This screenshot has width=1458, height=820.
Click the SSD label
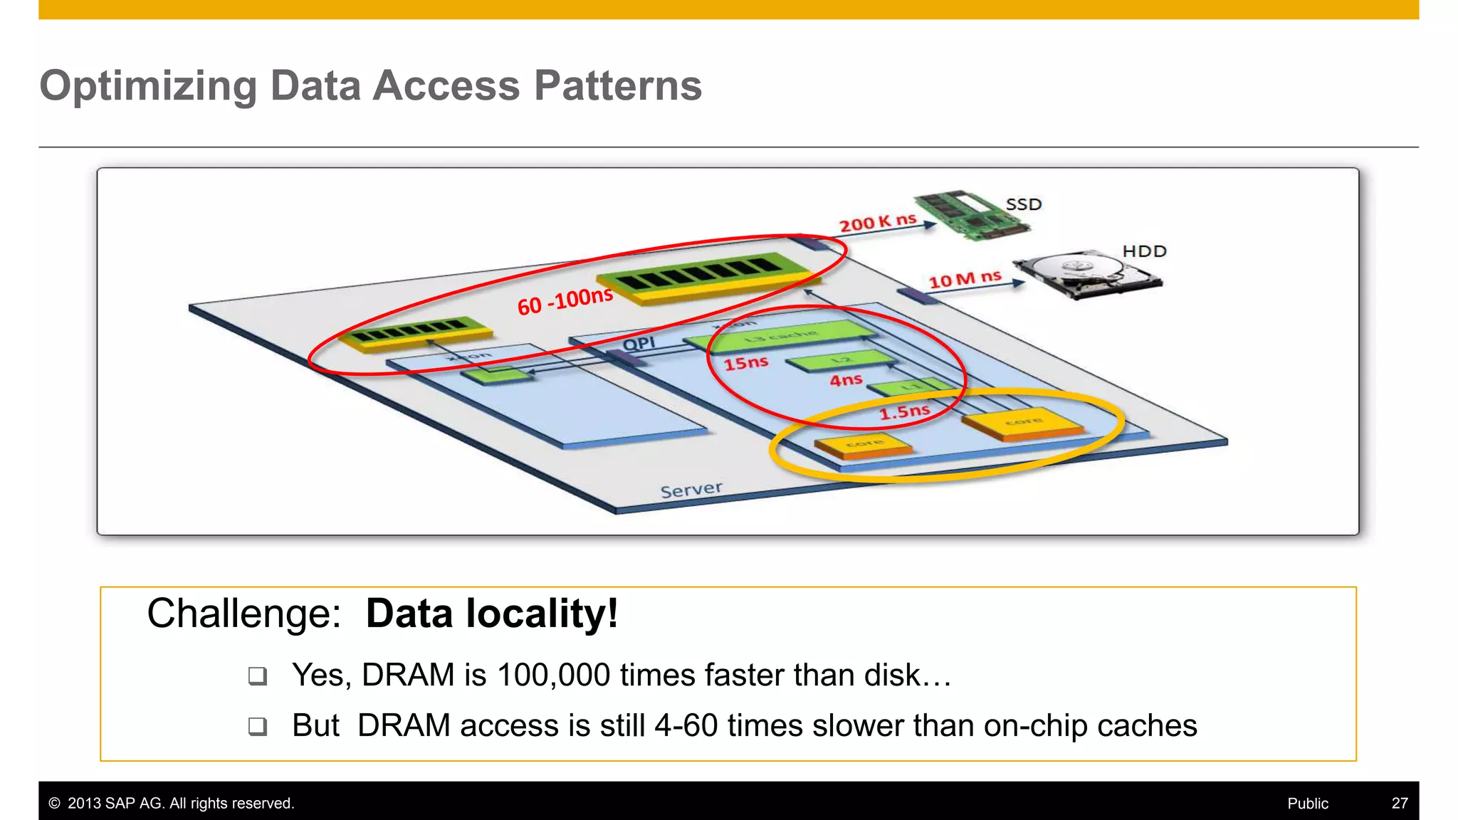(x=1023, y=205)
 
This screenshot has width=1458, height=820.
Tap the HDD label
(x=1144, y=251)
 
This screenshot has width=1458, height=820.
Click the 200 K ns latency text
(x=877, y=223)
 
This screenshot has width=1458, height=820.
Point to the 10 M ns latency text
(x=965, y=279)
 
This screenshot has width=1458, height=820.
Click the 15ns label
(x=745, y=364)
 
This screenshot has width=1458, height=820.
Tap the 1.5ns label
(x=903, y=412)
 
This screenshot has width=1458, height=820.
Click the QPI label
(x=639, y=345)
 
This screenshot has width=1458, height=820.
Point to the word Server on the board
(x=691, y=490)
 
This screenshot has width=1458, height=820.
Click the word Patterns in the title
(x=617, y=86)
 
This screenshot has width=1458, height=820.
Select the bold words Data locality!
(x=491, y=614)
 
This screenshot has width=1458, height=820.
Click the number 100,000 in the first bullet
(x=553, y=675)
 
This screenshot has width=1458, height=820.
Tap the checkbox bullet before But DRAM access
(x=258, y=726)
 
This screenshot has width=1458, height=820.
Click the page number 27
(x=1399, y=804)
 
